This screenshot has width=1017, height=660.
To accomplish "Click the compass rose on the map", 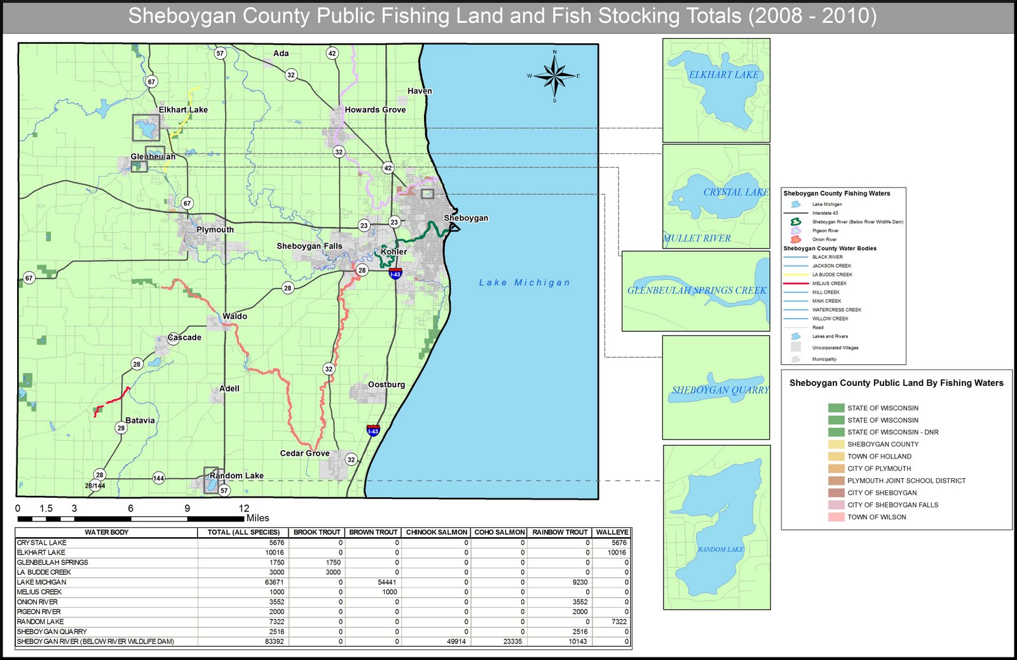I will click(x=554, y=76).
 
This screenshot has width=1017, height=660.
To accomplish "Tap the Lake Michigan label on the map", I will click(x=524, y=282).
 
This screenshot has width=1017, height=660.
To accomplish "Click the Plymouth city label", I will click(x=215, y=230).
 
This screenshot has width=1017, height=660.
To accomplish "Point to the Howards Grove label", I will click(x=375, y=109).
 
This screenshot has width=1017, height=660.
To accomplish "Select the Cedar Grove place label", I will click(x=304, y=453).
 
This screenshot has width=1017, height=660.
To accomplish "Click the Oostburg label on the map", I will click(x=386, y=385).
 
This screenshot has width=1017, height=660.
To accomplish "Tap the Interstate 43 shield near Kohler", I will click(x=395, y=274).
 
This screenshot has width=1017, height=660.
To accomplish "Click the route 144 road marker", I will click(x=159, y=478).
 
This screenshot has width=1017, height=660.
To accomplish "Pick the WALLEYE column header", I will click(x=612, y=532).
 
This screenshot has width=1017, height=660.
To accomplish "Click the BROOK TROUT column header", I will click(x=317, y=532).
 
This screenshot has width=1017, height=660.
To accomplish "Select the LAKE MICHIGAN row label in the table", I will click(x=41, y=582).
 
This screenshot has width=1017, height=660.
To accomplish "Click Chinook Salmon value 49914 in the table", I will click(x=456, y=642).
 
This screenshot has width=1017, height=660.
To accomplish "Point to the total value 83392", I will click(x=274, y=642).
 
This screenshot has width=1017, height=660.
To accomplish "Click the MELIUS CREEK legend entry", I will click(x=829, y=284).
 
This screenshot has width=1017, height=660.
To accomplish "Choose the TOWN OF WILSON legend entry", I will click(x=877, y=517).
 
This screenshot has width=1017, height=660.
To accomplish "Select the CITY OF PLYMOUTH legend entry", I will click(x=879, y=469).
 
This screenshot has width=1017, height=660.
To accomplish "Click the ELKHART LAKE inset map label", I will click(x=723, y=74).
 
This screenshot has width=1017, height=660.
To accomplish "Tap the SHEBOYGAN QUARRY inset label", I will click(x=720, y=390).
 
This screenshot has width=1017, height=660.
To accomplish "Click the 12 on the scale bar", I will click(x=244, y=508).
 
